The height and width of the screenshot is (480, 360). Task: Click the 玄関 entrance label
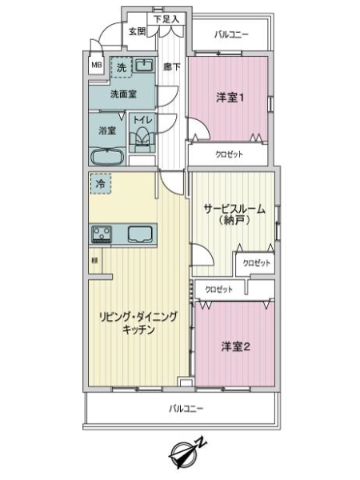pyautogui.click(x=136, y=31)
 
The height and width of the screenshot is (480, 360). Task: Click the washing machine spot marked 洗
pyautogui.click(x=120, y=66)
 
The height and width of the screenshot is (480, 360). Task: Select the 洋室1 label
pyautogui.click(x=230, y=98)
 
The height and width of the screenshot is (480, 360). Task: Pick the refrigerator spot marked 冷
pyautogui.click(x=101, y=184)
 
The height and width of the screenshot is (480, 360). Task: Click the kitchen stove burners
pyautogui.click(x=103, y=234)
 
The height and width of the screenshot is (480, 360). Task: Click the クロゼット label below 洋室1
pyautogui.click(x=230, y=154)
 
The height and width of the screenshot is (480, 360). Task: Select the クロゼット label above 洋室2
pyautogui.click(x=220, y=289)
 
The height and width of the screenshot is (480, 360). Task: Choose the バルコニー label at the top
pyautogui.click(x=232, y=35)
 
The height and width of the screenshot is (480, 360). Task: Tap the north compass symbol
pyautogui.click(x=186, y=453)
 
